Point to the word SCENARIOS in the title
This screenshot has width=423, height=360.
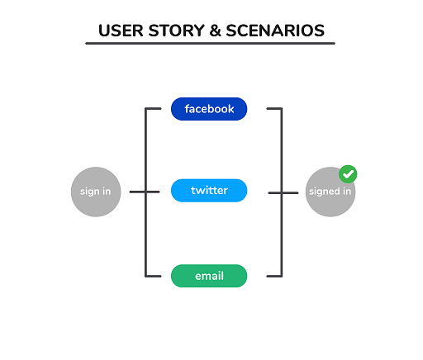pyautogui.click(x=277, y=31)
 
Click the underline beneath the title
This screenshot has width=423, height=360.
pyautogui.click(x=210, y=44)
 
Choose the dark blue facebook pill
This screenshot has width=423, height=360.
pyautogui.click(x=209, y=109)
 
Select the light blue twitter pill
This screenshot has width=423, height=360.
pyautogui.click(x=209, y=191)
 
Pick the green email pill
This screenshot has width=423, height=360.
pyautogui.click(x=209, y=276)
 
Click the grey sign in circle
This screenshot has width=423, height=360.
pyautogui.click(x=96, y=192)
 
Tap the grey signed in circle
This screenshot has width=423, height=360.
pyautogui.click(x=330, y=192)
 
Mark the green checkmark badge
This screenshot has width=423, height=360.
pyautogui.click(x=349, y=174)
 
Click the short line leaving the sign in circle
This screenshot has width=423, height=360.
pyautogui.click(x=137, y=192)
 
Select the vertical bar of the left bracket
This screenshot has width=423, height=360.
pyautogui.click(x=146, y=192)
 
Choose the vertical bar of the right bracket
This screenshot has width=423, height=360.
pyautogui.click(x=281, y=192)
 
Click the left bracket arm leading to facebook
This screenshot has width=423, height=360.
pyautogui.click(x=154, y=108)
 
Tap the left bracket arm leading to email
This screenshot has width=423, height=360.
pyautogui.click(x=154, y=276)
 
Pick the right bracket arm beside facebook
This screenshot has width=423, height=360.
pyautogui.click(x=273, y=108)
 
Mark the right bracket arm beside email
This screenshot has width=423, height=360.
pyautogui.click(x=273, y=276)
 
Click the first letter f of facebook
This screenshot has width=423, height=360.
pyautogui.click(x=188, y=109)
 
